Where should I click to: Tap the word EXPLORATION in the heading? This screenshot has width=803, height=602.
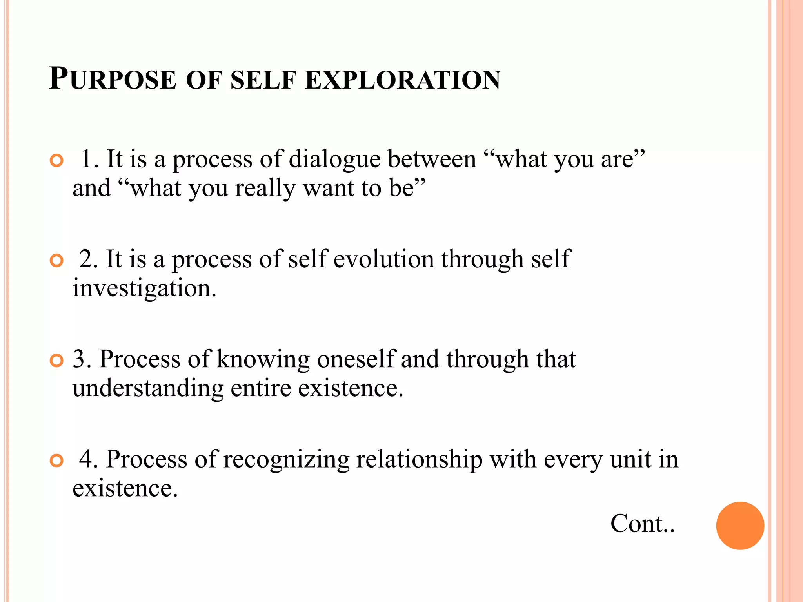tap(402, 80)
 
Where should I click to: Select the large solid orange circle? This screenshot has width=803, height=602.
tap(740, 526)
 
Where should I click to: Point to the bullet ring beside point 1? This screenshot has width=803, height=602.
tap(57, 161)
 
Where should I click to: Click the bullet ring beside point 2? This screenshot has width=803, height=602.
tap(57, 261)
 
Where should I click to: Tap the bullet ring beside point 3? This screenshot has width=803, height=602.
tap(57, 361)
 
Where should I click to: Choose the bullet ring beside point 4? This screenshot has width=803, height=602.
tap(57, 461)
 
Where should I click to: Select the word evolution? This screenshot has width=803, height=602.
tap(383, 259)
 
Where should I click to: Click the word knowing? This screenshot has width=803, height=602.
tap(263, 359)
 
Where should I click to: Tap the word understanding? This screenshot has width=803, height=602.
tap(148, 388)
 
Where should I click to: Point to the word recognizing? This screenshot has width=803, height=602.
tap(286, 459)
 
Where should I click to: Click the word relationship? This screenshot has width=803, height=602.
tap(419, 459)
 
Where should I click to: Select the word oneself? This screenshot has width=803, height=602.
tap(356, 359)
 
